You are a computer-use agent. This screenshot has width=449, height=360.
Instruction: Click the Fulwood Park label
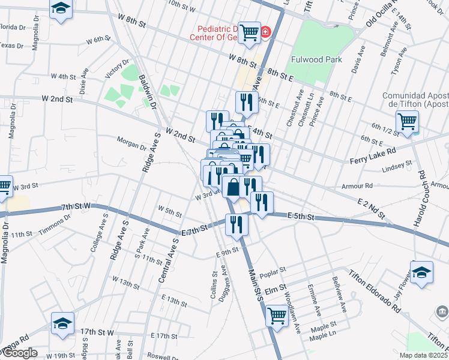pos(316,59)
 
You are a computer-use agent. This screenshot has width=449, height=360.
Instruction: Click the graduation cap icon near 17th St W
pos(62,323)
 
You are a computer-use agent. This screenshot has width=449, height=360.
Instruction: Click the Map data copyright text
pos(423,355)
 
